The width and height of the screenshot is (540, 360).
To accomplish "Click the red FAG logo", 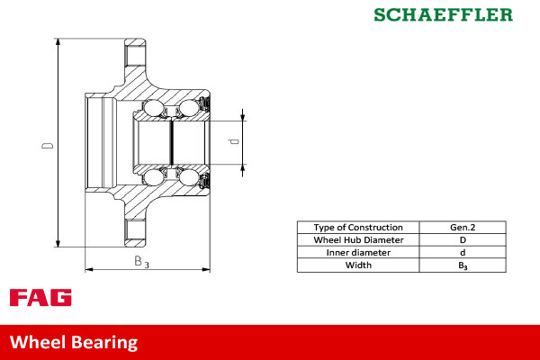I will [40, 298].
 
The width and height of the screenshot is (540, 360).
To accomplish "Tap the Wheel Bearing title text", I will [74, 342].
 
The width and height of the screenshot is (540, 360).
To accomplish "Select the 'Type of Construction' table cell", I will [357, 228].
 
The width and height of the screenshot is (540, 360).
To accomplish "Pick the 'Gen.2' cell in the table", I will [463, 228].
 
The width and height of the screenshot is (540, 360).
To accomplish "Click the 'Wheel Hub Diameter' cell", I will [357, 240].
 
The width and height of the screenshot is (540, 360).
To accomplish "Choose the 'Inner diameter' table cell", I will [357, 253].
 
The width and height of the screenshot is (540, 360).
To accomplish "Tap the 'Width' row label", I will [357, 265].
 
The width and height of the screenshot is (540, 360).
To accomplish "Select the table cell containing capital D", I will [463, 240].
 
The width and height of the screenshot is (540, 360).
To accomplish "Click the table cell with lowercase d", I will [463, 253].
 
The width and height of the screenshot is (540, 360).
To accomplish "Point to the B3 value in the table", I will [463, 266].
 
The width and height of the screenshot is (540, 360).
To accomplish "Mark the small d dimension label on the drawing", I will [232, 141].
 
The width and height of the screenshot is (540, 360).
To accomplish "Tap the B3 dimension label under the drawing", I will [141, 262].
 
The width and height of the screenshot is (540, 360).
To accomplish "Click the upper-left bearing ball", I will [154, 109].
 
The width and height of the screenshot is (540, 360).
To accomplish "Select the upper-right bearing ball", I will [189, 109].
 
